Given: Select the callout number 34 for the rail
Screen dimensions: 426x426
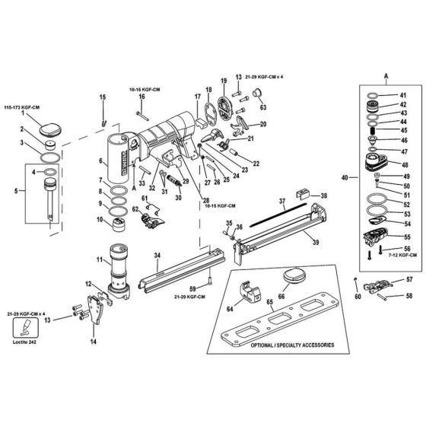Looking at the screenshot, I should point(157,255).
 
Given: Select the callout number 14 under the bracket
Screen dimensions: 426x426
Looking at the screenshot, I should point(93,342).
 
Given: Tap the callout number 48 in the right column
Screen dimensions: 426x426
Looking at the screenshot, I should point(404,164).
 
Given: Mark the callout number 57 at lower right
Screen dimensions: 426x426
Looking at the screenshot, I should point(409,280).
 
